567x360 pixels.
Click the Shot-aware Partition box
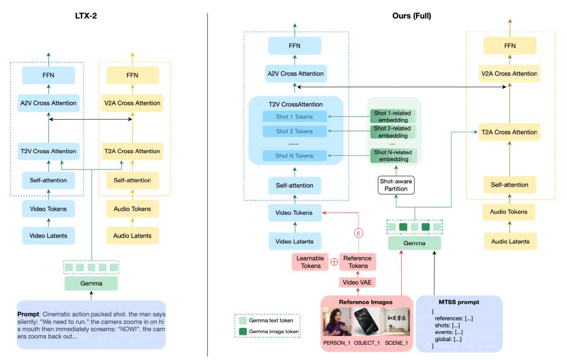[396, 185]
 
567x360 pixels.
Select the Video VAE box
[358, 282]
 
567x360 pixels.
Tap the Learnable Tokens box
[310, 262]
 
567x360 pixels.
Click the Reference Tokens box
[358, 262]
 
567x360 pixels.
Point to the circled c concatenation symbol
[359, 233]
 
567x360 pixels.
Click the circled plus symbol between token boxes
[334, 262]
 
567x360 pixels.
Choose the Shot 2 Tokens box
[295, 131]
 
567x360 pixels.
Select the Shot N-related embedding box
[393, 156]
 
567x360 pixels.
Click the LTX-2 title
[86, 16]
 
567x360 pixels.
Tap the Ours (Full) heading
[412, 16]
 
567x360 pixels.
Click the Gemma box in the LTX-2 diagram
[91, 283]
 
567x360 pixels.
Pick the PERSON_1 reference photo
[337, 322]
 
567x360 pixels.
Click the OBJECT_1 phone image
[366, 322]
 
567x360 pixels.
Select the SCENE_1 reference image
[396, 322]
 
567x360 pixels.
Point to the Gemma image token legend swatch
[243, 332]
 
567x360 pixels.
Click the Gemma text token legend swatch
[243, 320]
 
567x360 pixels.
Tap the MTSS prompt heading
[459, 302]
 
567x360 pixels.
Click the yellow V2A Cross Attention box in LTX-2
[132, 103]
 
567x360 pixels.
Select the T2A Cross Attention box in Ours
[509, 132]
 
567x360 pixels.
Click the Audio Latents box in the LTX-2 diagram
[132, 236]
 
